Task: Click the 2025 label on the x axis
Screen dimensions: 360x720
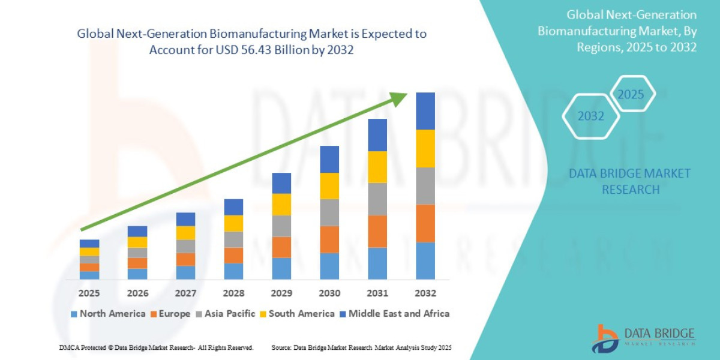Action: pos(89,293)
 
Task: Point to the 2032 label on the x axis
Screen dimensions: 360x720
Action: pos(425,293)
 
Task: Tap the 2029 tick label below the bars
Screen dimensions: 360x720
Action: pos(281,293)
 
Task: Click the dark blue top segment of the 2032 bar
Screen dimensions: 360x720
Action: pos(425,111)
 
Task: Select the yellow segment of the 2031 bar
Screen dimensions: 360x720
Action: pos(377,167)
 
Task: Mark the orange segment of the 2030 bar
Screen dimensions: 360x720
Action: pos(329,239)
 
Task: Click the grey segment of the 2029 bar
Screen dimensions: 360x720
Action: pos(281,226)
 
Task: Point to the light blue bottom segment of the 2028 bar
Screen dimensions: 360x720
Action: pos(233,271)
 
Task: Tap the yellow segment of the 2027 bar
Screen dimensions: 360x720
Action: pos(185,233)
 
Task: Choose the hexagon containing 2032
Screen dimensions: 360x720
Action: pos(591,116)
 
